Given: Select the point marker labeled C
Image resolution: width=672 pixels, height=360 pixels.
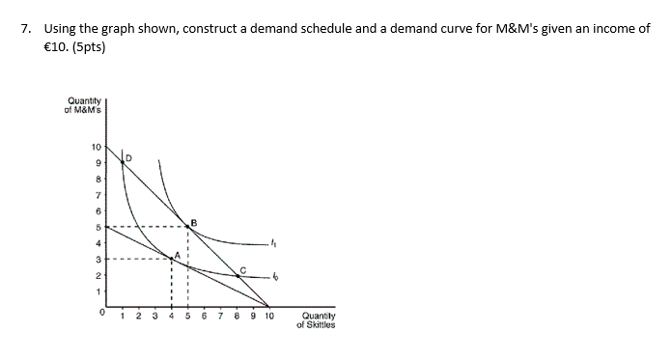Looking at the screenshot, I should [238, 275].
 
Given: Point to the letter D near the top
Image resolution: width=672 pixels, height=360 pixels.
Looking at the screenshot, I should [129, 156].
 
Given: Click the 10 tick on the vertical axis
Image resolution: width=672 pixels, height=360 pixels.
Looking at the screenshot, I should [95, 149].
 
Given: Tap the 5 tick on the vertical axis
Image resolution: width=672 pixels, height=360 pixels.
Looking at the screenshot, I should [97, 228].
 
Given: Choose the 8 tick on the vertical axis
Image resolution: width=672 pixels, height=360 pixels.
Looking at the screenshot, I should [97, 180].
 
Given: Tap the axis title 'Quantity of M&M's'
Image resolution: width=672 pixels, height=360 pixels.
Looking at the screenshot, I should [83, 104].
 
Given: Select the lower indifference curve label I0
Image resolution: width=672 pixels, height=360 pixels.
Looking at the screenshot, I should [275, 278].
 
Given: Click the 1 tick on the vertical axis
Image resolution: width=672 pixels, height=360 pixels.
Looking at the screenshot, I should [97, 291].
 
